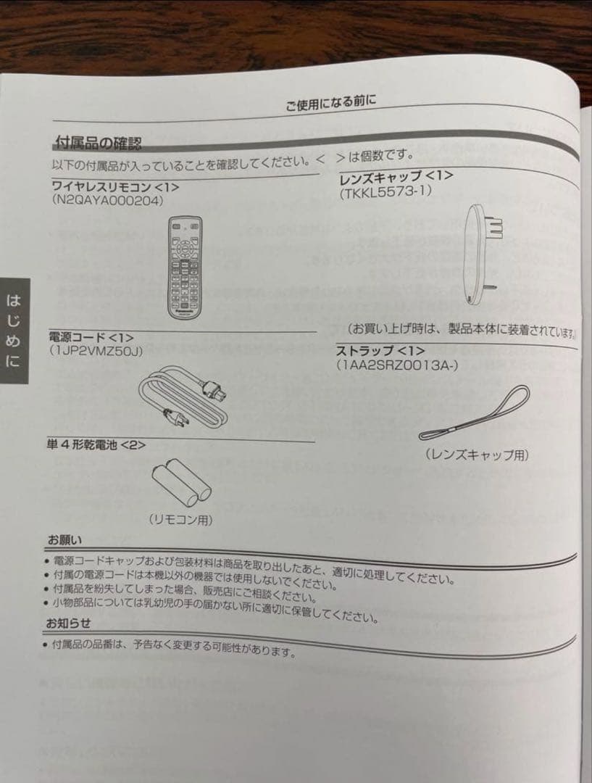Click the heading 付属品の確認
point(98,141)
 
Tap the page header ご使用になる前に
point(330,104)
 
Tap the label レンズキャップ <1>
point(396,176)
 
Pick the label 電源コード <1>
point(91,338)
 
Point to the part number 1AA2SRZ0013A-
point(396,365)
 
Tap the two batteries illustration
point(181,483)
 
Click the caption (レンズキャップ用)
point(476,455)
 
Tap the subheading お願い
point(64,540)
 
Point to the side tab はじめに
point(14,330)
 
